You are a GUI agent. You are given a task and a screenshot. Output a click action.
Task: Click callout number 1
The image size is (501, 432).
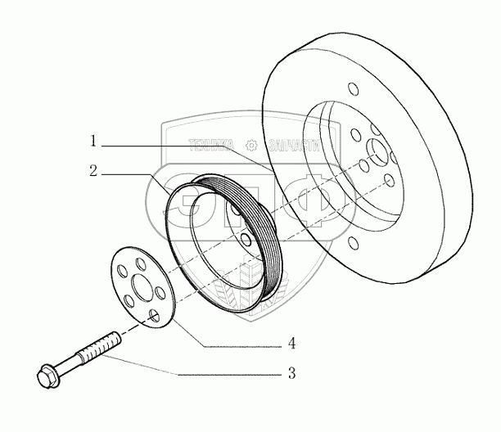click(94, 142)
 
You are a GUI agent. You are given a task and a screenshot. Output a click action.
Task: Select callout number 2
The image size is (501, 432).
click(94, 172)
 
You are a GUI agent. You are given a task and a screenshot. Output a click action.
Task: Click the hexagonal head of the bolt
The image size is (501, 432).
click(47, 376)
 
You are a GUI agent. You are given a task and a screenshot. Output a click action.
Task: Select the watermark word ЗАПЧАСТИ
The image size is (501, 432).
click(286, 145)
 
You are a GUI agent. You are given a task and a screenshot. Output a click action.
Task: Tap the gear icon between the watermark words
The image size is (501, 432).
click(251, 145)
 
